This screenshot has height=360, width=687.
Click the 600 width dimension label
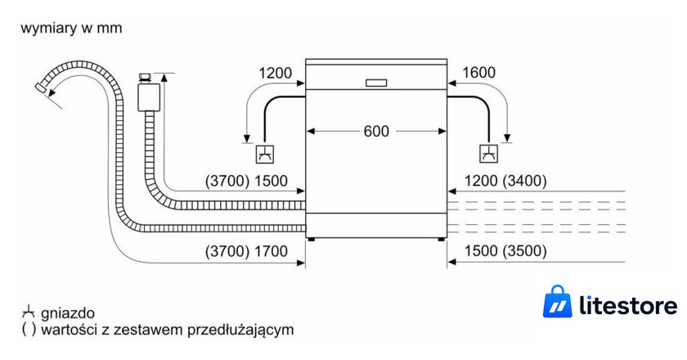(376, 131)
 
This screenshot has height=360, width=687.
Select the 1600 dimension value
(479, 72)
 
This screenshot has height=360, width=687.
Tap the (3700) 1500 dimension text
(246, 181)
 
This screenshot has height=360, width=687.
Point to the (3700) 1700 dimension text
(246, 251)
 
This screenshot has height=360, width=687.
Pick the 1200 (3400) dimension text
(505, 181)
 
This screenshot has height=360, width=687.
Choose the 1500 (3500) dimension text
(505, 251)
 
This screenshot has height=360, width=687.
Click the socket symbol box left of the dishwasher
(265, 154)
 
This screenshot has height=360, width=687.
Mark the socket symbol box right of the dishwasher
(488, 154)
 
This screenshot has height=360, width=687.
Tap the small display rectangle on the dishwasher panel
(376, 83)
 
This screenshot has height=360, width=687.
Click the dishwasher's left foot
(311, 240)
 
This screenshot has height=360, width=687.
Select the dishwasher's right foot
(440, 240)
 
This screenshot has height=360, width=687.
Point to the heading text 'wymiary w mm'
(71, 28)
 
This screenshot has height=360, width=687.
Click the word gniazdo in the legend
(68, 313)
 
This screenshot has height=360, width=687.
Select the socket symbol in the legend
(28, 313)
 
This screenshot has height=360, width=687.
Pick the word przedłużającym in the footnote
(240, 330)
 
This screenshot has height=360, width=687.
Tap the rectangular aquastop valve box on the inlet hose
(149, 97)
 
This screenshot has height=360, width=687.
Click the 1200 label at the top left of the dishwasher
(275, 73)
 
